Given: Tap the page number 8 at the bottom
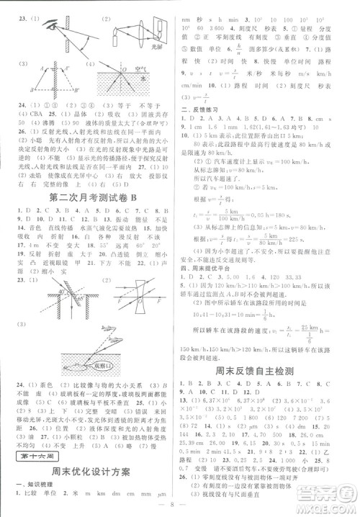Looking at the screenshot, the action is [180, 509].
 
